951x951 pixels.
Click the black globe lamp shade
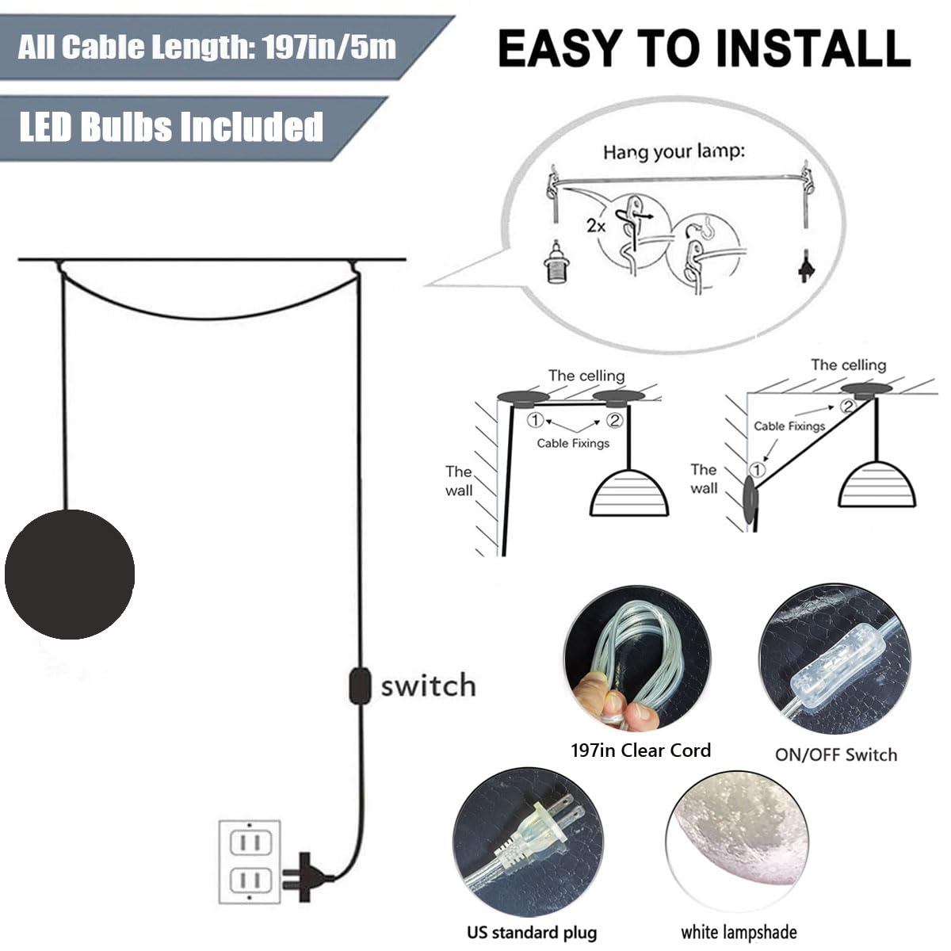[x=70, y=574]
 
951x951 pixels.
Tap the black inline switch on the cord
[x=360, y=686]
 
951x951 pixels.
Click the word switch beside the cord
[x=429, y=686]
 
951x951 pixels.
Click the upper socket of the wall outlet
[x=250, y=842]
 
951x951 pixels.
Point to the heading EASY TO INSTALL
[x=705, y=48]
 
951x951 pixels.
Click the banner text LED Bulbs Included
[x=171, y=126]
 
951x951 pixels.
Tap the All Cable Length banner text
[x=207, y=47]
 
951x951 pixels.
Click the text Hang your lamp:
[x=674, y=151]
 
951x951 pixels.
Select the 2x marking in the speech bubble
[x=596, y=226]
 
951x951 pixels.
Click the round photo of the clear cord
[x=638, y=658]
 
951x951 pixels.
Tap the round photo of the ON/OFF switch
[x=835, y=659]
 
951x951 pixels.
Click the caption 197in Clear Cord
[x=640, y=750]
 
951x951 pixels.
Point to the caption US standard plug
[x=532, y=932]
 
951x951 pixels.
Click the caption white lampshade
[x=739, y=932]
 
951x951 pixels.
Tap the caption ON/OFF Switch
[x=836, y=754]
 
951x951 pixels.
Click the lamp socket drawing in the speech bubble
[x=556, y=261]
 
